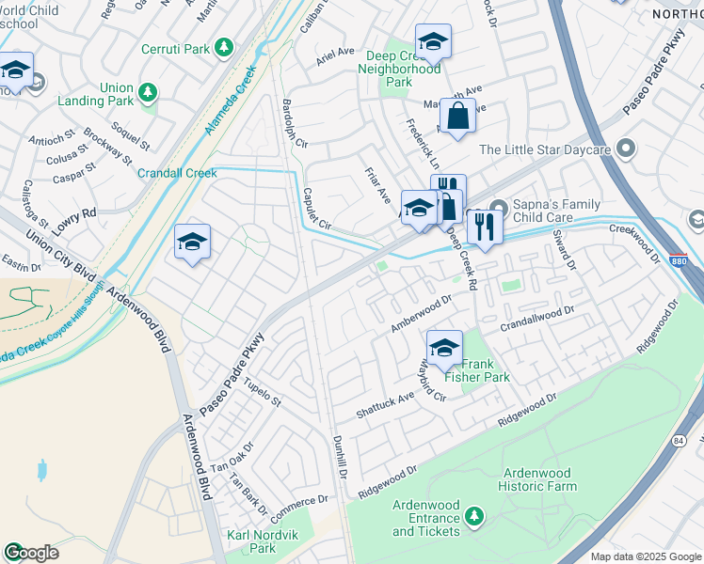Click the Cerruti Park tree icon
coord(223,47)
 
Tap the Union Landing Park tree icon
coord(147,92)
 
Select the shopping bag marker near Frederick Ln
coord(457,117)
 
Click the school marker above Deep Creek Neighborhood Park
coord(433,42)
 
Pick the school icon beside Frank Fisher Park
coord(444,346)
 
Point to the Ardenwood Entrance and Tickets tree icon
coord(475,516)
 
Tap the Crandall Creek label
coord(177,173)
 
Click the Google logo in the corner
coord(31,553)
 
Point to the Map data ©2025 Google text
coord(645,556)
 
